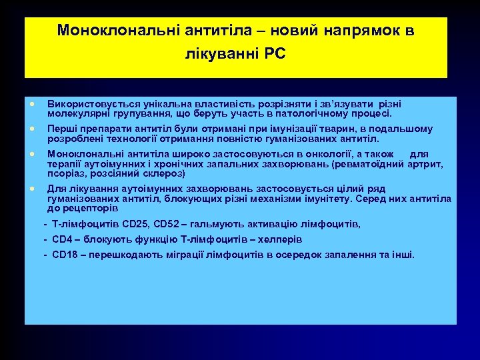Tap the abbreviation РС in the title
point(275,54)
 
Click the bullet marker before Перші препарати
point(31,129)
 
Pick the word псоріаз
point(66,173)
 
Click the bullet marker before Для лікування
point(31,189)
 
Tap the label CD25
point(134,225)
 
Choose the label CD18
point(64,255)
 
